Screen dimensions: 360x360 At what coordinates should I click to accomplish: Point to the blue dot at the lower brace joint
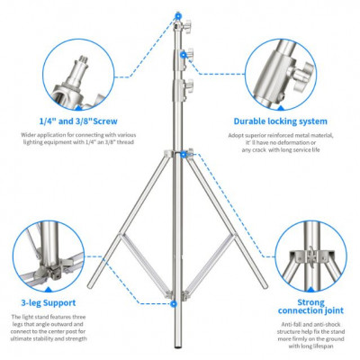173,304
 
